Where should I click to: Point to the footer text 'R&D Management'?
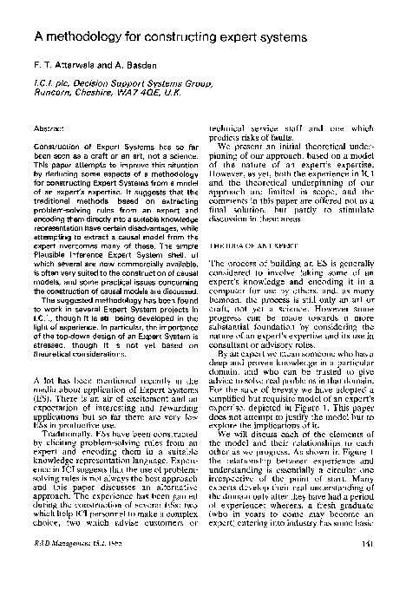click(58, 568)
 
